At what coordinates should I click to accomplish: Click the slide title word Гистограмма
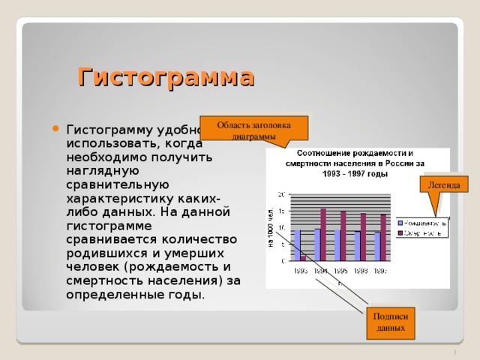tap(166, 77)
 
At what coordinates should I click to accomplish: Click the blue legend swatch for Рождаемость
tap(401, 223)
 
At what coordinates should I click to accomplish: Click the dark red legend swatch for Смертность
tap(401, 232)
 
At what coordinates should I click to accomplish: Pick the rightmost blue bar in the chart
tap(377, 246)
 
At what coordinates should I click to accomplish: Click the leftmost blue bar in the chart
tap(297, 245)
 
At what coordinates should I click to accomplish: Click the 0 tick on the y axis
tap(282, 261)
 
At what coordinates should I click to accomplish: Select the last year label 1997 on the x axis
tap(381, 271)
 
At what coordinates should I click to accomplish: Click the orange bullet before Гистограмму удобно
tap(55, 127)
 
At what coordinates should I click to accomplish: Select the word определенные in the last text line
tap(109, 295)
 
